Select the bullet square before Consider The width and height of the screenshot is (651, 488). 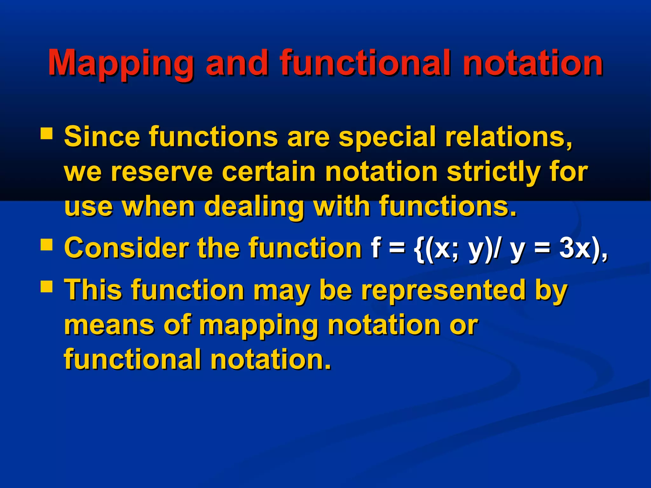46,245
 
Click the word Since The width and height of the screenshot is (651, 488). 102,137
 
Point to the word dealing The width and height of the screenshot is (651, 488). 254,207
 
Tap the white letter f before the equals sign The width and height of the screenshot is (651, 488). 376,248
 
